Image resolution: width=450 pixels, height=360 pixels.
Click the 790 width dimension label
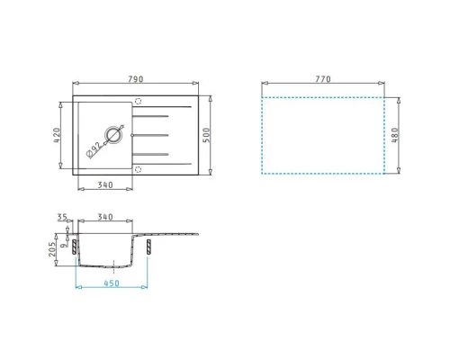click(136, 79)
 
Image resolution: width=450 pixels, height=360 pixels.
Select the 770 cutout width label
click(323, 79)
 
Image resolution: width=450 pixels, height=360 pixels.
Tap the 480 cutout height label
click(395, 135)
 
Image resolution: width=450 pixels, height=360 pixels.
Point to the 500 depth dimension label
click(206, 135)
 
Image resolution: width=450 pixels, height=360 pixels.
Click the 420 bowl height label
click(57, 135)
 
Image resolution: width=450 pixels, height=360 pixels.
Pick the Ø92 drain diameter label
click(94, 149)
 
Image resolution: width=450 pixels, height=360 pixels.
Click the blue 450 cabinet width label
click(112, 283)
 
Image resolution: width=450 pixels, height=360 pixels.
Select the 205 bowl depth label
click(52, 249)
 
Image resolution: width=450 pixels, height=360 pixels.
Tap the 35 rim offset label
click(62, 217)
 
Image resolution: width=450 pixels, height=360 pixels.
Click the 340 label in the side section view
click(105, 217)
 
